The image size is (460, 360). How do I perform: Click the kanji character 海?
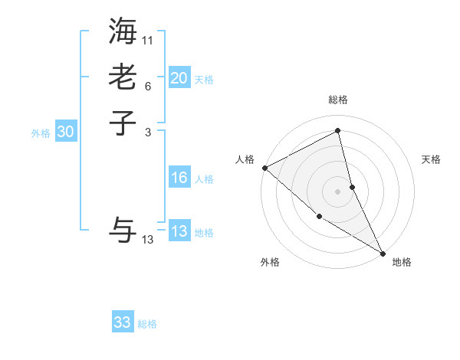click(x=123, y=31)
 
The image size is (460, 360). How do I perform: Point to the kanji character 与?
click(x=123, y=231)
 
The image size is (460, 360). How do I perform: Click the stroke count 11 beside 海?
click(x=148, y=40)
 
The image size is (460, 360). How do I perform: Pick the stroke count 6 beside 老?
click(x=148, y=86)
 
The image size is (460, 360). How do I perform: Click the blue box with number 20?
click(x=179, y=77)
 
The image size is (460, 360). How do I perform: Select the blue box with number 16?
click(x=179, y=178)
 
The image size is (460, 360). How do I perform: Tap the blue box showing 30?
click(x=66, y=132)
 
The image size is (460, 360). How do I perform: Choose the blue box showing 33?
click(x=123, y=322)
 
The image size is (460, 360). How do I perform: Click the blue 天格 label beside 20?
click(x=204, y=80)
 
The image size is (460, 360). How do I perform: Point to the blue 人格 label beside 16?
click(x=204, y=180)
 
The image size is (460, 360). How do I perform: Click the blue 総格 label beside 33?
click(x=147, y=325)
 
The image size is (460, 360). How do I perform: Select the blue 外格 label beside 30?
click(x=41, y=133)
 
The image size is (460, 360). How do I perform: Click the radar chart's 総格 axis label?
click(x=338, y=100)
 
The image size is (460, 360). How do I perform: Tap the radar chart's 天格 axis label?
click(x=432, y=159)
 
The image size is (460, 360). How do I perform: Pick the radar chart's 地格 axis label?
click(x=402, y=263)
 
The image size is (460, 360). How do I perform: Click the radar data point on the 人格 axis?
click(x=264, y=168)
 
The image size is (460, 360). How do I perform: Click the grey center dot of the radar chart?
click(x=338, y=191)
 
